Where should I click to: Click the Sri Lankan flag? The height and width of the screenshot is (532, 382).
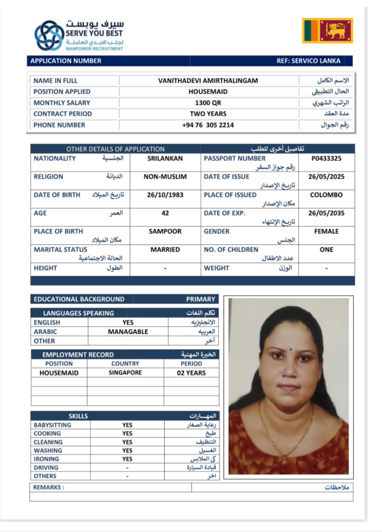coord(327,30)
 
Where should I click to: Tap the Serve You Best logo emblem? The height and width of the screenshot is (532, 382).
coord(49,36)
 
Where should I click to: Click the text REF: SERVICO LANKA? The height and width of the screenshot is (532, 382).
coord(308,61)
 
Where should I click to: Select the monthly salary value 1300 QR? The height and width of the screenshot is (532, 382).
coord(208,103)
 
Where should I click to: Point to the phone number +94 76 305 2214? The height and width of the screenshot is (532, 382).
coord(208,125)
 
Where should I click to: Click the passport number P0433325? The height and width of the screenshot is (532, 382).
coord(326,158)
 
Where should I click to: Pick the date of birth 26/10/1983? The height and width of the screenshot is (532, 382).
coord(165,195)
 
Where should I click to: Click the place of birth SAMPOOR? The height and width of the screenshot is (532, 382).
coord(165,231)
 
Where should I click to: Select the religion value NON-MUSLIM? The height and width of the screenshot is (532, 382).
coord(165,176)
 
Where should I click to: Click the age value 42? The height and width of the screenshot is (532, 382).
coord(165,213)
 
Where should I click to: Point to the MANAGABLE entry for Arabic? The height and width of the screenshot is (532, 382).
coord(128,332)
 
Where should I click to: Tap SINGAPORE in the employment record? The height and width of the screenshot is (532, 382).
coord(125,373)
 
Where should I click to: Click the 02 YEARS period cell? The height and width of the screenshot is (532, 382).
coord(191,373)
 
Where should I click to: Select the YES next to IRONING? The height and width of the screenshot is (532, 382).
coord(127,459)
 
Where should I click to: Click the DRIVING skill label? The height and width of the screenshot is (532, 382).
coord(46,468)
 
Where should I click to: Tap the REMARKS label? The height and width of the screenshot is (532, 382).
coord(48,487)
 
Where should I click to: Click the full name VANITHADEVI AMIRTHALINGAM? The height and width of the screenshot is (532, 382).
coord(208,80)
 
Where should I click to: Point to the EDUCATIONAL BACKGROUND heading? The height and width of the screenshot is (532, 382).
coord(79,299)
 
